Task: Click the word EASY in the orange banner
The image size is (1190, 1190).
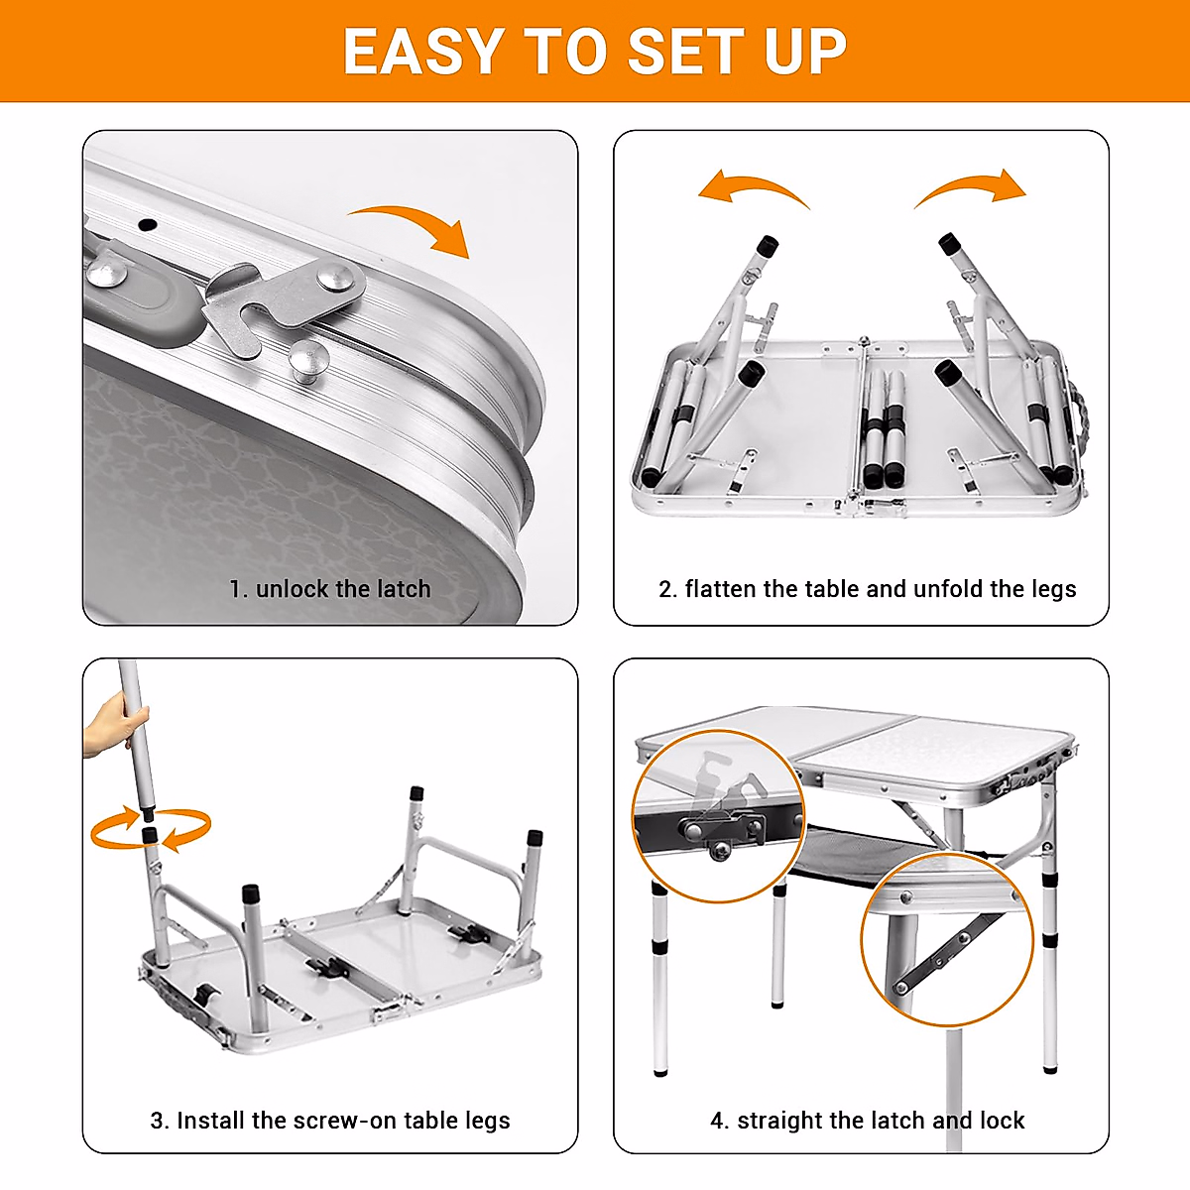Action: pyautogui.click(x=422, y=52)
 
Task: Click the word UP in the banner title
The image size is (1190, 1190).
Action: pyautogui.click(x=805, y=52)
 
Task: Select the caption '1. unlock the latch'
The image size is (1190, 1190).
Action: pyautogui.click(x=329, y=589)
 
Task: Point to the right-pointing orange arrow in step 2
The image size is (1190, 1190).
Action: pyautogui.click(x=972, y=188)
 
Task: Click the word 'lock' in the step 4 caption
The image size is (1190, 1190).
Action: pyautogui.click(x=1002, y=1121)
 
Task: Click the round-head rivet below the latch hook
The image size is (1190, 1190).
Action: pyautogui.click(x=308, y=357)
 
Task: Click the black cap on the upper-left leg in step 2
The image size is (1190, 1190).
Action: pyautogui.click(x=767, y=245)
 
